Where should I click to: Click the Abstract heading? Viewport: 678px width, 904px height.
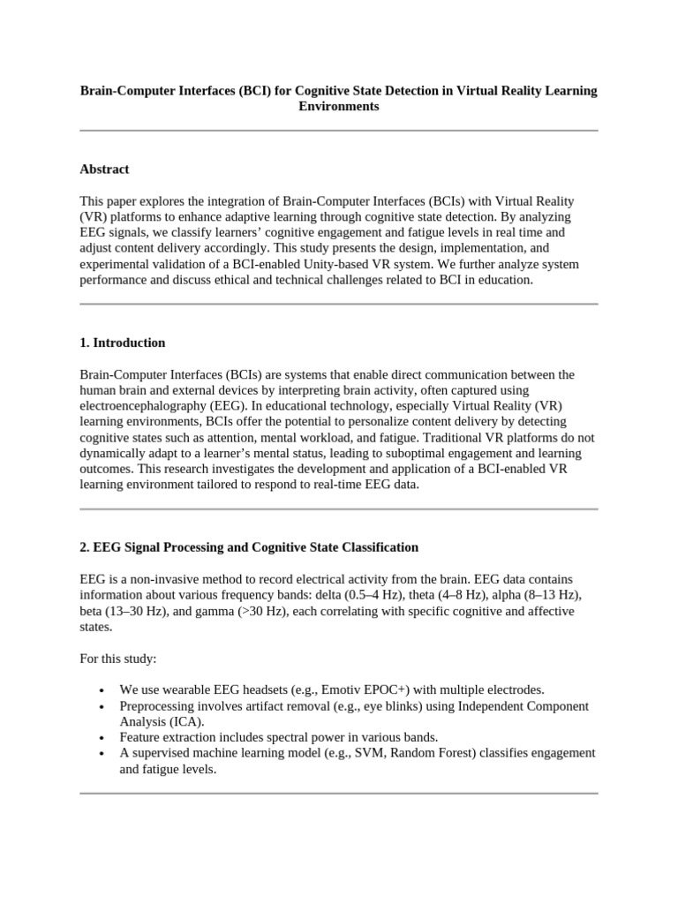tap(104, 169)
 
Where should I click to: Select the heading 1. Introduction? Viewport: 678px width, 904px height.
tap(122, 343)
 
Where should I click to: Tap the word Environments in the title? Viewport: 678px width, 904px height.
tap(339, 106)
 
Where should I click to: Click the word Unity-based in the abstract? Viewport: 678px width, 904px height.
tap(385, 264)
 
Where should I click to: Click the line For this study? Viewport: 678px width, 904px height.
tap(117, 658)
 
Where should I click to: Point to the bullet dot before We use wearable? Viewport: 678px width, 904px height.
tap(103, 690)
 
